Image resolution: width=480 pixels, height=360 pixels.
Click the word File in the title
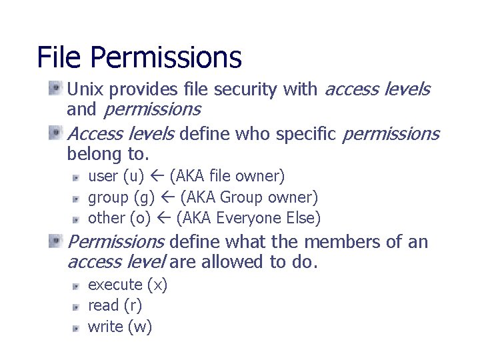(x=59, y=57)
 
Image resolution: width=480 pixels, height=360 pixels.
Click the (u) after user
(x=133, y=177)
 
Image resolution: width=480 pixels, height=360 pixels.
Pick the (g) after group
(x=145, y=198)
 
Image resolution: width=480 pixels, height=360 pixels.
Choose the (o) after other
(x=140, y=218)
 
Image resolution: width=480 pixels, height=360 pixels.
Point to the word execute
(x=115, y=285)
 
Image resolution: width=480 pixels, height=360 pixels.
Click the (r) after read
(x=132, y=306)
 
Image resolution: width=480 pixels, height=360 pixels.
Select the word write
(x=105, y=327)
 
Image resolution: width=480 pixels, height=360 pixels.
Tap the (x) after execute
(x=157, y=285)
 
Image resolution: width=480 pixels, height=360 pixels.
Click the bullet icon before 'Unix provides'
(x=55, y=88)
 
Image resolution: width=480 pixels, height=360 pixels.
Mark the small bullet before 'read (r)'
(x=76, y=307)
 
